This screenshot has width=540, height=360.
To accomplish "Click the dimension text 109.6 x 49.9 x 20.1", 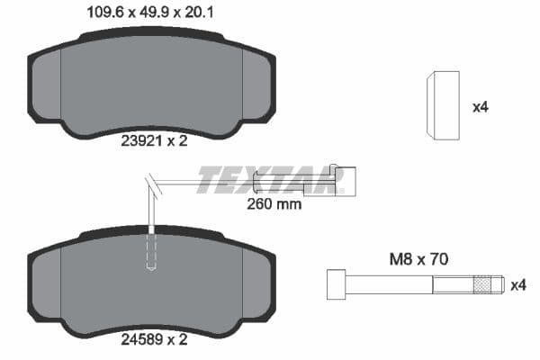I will click(148, 13).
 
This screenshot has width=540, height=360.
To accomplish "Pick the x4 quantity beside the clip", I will click(481, 106).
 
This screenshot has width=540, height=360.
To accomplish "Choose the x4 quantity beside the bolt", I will click(517, 285).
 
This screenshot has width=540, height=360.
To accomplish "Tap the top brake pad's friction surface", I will click(151, 85).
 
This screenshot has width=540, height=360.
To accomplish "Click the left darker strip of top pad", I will click(46, 85).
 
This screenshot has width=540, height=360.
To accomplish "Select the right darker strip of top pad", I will click(256, 85).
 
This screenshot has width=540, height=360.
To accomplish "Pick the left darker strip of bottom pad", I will click(46, 283).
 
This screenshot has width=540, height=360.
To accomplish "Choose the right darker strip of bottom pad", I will click(256, 283).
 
